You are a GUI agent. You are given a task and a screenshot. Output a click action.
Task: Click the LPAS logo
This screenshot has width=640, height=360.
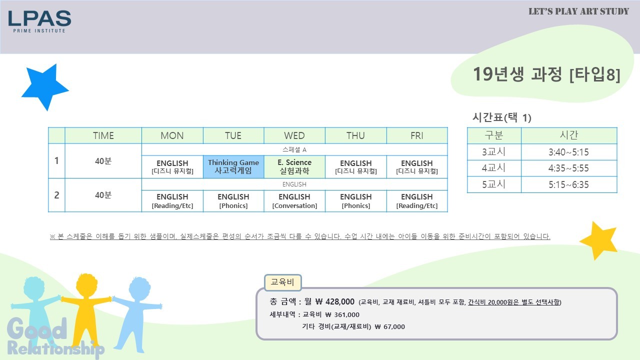point(39,21)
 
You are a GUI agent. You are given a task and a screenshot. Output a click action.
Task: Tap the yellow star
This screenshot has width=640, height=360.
point(599,240)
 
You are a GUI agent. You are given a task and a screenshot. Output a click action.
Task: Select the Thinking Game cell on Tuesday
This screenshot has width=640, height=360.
point(233,167)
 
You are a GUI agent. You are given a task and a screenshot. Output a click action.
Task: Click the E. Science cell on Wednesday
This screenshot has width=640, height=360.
point(294,167)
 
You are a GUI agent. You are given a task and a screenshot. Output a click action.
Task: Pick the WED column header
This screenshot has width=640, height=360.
point(294,135)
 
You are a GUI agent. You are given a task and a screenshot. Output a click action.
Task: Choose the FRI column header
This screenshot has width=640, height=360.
point(417,135)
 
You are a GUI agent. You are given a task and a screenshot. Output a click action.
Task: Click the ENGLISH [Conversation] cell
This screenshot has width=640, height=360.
point(294,201)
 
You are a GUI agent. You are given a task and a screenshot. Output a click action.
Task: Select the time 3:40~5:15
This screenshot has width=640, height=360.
point(568,152)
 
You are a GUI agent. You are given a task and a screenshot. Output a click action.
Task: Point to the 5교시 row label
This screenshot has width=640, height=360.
point(493,184)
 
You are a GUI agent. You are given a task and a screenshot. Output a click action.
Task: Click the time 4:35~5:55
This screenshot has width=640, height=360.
point(568,168)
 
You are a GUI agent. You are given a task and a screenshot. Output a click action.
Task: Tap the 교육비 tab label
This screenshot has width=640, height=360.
point(282,282)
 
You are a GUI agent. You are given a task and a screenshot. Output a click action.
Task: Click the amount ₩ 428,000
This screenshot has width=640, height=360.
point(335,301)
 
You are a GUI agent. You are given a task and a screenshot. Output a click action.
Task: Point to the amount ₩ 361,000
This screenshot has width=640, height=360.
point(342,314)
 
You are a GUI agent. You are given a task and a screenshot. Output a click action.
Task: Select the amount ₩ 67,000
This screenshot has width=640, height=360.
point(389,326)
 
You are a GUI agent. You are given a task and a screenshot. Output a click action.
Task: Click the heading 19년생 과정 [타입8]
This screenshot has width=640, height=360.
point(546,74)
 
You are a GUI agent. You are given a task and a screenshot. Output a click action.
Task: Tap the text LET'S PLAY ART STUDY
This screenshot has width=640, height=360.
point(578,11)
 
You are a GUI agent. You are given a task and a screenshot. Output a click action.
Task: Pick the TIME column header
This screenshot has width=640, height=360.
point(103,135)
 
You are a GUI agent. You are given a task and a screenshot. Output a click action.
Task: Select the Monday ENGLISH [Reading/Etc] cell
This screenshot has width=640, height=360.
point(172,201)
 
